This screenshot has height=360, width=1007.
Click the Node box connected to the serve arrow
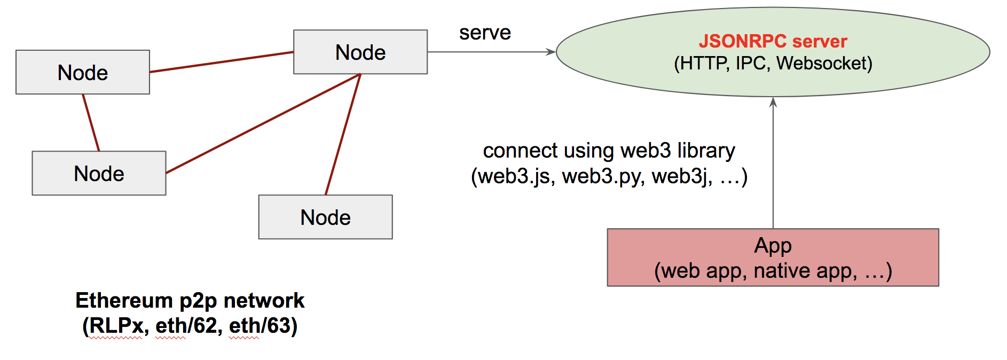tap(360, 52)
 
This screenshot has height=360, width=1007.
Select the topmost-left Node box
tap(83, 72)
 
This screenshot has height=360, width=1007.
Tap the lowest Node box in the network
tap(325, 217)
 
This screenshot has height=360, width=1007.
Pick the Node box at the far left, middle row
tap(99, 173)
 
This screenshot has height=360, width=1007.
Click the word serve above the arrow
tap(485, 33)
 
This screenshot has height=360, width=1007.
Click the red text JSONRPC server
tap(773, 41)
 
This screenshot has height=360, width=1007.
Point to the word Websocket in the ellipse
tap(823, 64)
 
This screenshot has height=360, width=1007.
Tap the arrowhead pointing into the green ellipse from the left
tap(551, 52)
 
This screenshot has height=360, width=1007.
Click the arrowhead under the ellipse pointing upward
tap(773, 102)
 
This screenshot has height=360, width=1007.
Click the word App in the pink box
tap(773, 246)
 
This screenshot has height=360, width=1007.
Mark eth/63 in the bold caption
tap(261, 326)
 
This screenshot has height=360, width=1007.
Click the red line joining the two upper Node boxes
tap(222, 62)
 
